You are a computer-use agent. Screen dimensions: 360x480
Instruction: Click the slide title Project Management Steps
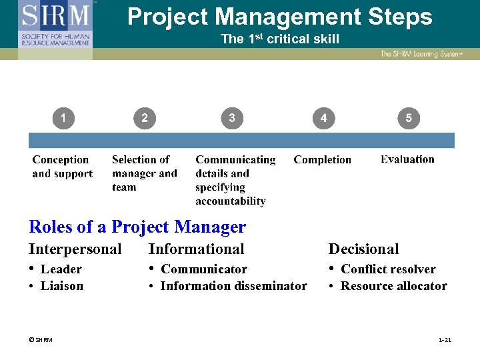(x=279, y=17)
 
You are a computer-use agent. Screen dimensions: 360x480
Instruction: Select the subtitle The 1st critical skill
(x=279, y=39)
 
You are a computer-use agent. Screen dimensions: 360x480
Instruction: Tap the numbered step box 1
(x=63, y=119)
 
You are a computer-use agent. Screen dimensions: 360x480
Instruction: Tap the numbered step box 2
(x=145, y=119)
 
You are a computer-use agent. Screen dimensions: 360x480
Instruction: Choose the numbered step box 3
(x=231, y=119)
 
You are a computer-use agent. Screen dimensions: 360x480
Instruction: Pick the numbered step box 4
(x=323, y=119)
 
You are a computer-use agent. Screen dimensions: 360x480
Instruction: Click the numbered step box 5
(x=408, y=119)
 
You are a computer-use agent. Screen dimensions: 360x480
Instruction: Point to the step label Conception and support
(x=62, y=167)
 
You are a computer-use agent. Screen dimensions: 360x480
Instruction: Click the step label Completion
(x=322, y=160)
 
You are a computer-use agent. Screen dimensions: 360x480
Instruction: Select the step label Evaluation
(x=407, y=159)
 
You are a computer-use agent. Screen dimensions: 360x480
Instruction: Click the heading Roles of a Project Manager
(x=137, y=227)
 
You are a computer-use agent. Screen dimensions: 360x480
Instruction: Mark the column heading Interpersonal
(x=75, y=249)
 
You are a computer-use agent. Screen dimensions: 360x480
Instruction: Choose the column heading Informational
(x=196, y=249)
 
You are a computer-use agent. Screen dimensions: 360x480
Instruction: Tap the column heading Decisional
(x=363, y=249)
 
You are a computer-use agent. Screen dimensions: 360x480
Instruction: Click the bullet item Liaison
(x=62, y=286)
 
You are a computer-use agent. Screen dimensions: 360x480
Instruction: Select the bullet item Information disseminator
(x=233, y=286)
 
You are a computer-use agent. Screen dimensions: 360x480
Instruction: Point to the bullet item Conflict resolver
(x=388, y=269)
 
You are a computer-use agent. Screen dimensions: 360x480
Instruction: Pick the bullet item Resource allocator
(x=393, y=286)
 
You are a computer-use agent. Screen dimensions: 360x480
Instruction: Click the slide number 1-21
(x=445, y=340)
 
